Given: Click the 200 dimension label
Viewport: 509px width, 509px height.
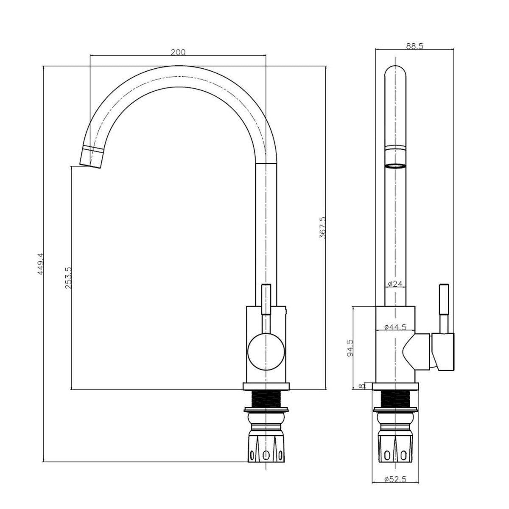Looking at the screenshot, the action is (178, 52).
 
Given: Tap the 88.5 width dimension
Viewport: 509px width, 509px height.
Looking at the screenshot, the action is (414, 46).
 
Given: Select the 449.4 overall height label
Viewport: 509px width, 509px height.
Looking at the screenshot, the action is (40, 264).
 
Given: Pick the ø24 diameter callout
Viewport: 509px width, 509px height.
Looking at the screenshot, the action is (395, 284).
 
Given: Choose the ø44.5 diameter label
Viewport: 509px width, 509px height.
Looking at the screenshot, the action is (395, 327).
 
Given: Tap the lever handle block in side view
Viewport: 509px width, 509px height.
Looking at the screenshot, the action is (443, 352).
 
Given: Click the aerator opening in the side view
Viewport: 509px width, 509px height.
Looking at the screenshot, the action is (395, 166).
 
